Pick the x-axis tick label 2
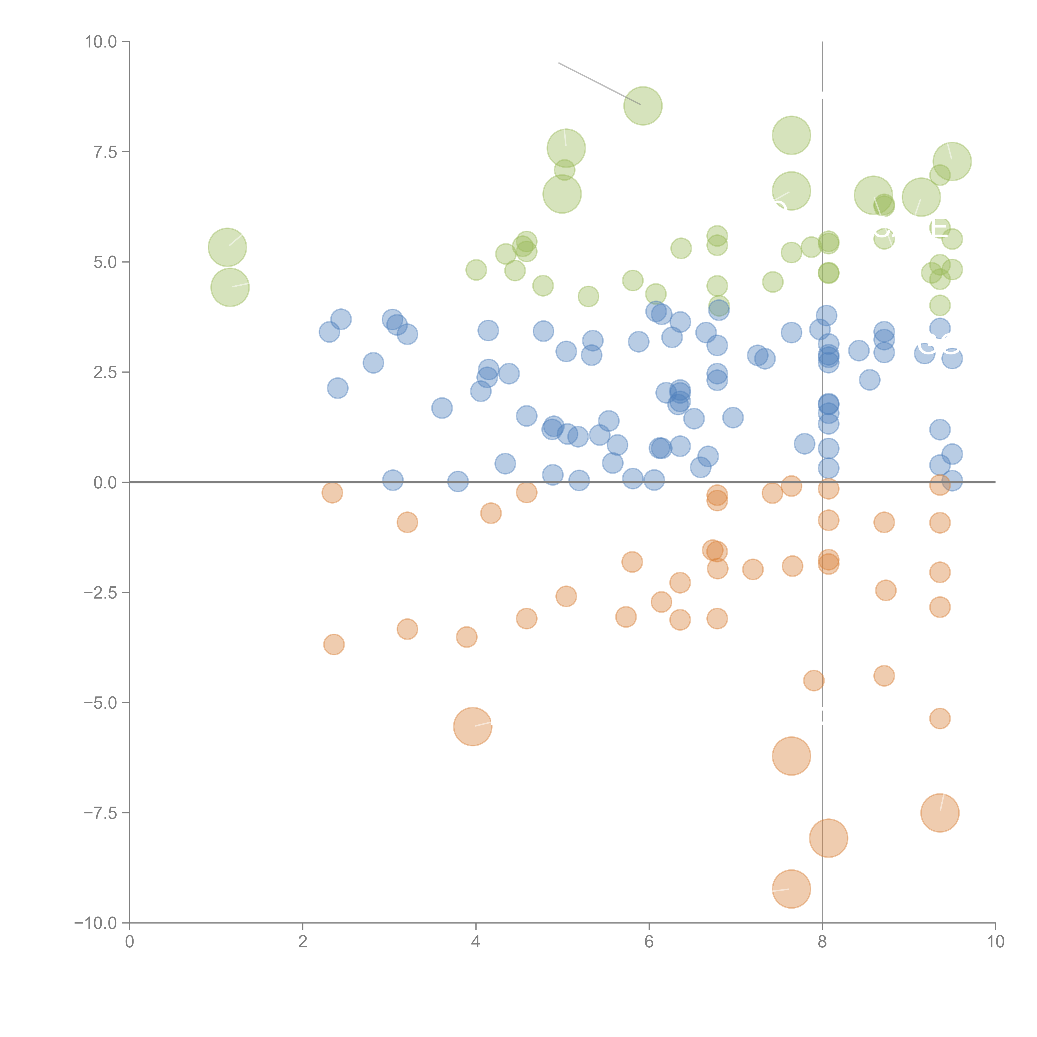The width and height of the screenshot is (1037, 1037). click(303, 942)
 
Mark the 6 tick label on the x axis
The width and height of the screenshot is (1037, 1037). click(649, 942)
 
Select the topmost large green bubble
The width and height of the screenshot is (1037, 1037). click(643, 106)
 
